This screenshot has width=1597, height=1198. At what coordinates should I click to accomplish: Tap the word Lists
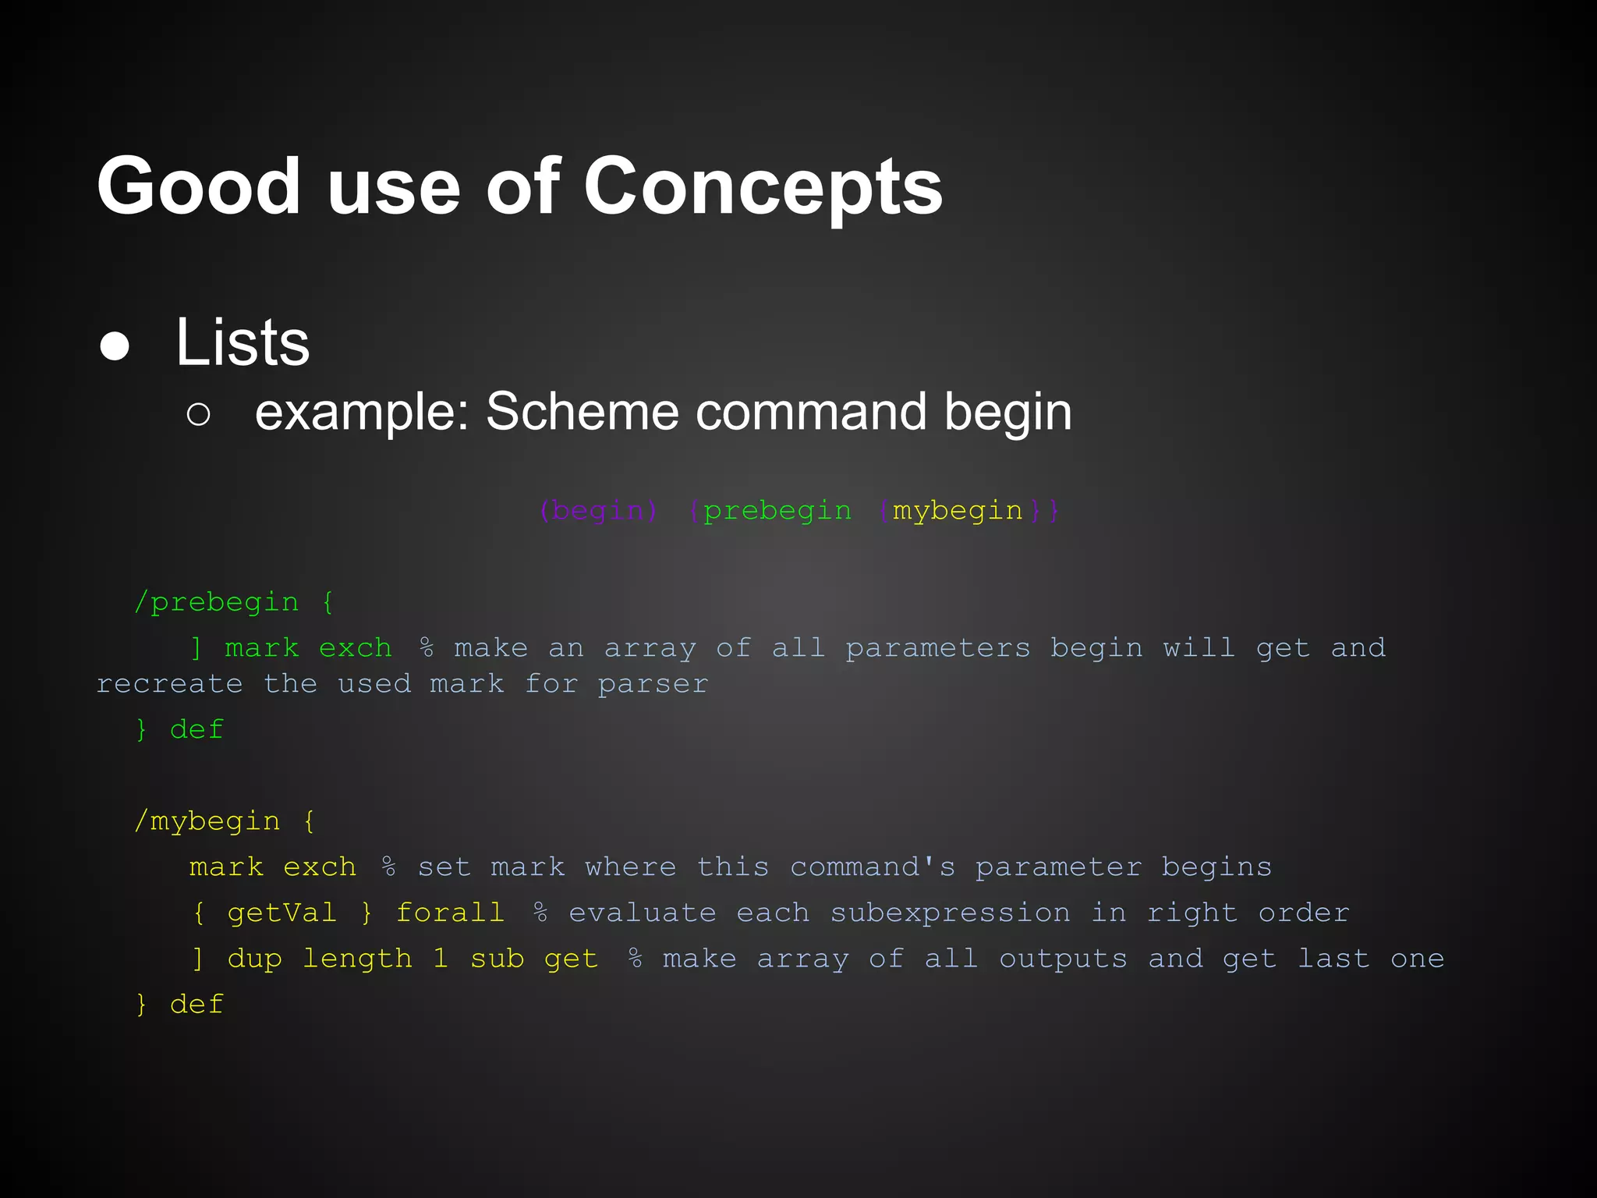point(243,343)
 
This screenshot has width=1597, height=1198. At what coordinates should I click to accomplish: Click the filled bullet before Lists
point(115,346)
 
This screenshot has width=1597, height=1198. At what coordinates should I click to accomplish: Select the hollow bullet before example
point(199,414)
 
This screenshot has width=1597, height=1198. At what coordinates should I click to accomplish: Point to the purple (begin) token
point(598,511)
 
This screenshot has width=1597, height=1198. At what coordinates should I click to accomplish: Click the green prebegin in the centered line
point(777,511)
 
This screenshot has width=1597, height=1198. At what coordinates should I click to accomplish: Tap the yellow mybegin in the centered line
point(957,511)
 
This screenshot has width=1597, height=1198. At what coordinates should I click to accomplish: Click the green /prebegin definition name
point(217,602)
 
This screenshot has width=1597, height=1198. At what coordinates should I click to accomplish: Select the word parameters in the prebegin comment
point(937,648)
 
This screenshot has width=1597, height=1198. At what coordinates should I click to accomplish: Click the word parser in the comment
point(653,684)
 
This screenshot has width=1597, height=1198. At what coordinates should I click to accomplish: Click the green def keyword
point(197,730)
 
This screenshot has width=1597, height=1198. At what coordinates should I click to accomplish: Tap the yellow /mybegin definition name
point(207,821)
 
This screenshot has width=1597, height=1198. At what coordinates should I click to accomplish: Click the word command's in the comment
point(873,867)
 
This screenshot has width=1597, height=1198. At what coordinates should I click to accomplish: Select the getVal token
point(282,913)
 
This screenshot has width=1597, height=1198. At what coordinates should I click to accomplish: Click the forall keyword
point(450,913)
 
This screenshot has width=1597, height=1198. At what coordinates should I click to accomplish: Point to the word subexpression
point(950,913)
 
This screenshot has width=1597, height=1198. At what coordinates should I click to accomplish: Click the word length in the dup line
point(357,959)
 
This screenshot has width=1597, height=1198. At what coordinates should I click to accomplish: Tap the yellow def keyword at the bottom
point(197,1005)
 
